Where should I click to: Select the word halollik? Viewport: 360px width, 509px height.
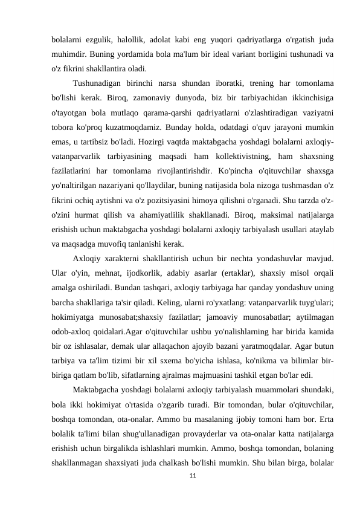pyautogui.click(x=134, y=39)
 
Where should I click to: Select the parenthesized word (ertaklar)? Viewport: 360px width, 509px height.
pyautogui.click(x=245, y=271)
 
